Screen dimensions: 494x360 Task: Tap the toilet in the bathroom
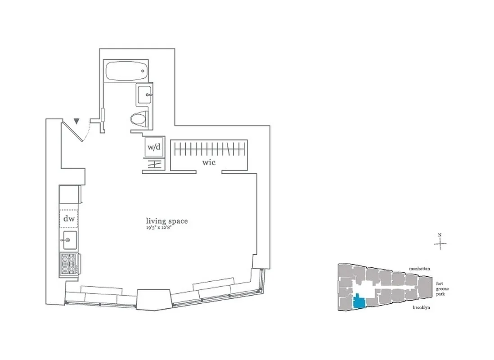tap(139, 119)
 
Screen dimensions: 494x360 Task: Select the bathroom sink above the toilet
tap(145, 94)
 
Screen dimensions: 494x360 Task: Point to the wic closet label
tap(209, 162)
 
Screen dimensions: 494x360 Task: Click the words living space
tap(166, 221)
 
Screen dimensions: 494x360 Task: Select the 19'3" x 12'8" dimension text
tap(166, 228)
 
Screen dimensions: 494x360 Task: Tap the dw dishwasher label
tap(68, 219)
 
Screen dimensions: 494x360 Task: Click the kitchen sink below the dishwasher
tap(68, 240)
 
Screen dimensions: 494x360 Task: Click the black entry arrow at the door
tap(77, 121)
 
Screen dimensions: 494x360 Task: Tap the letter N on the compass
tap(440, 235)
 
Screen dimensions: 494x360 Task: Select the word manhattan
tap(419, 269)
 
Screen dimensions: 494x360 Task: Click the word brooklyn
tap(421, 307)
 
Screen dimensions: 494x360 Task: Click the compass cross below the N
tap(440, 244)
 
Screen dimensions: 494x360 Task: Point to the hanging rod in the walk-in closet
tap(210, 148)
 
